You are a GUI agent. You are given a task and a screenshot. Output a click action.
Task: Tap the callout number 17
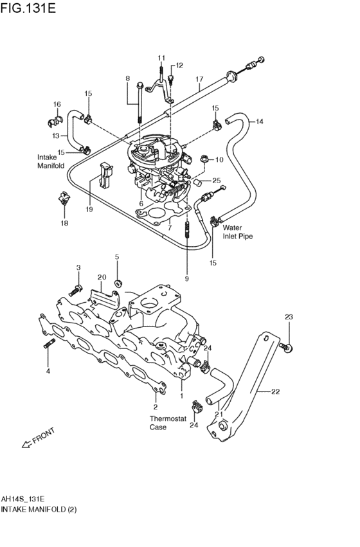(199, 79)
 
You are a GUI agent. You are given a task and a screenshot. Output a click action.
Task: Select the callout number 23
(289, 317)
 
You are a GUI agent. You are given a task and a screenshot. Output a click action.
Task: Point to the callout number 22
(276, 391)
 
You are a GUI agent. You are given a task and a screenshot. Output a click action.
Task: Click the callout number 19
(89, 209)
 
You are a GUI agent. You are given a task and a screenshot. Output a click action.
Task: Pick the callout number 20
(102, 277)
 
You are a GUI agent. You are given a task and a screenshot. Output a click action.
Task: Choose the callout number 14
(260, 121)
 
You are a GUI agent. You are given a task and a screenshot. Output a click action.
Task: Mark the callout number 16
(57, 104)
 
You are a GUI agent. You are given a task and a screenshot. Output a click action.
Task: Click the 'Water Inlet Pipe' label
(237, 232)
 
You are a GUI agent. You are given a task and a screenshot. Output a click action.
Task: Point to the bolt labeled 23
(287, 347)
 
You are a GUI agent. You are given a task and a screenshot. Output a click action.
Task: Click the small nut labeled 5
(118, 283)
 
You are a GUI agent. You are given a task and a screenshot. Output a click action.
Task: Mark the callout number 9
(186, 278)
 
